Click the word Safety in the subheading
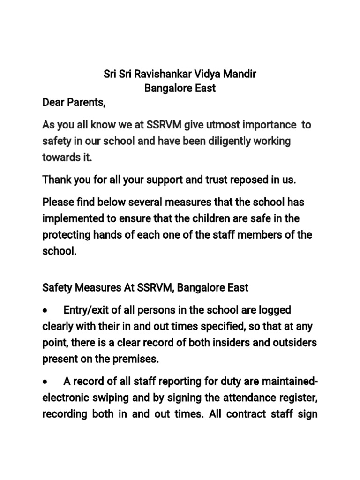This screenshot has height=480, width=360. [56, 287]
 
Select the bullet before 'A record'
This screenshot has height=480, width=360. [45, 382]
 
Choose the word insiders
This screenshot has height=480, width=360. [247, 342]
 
